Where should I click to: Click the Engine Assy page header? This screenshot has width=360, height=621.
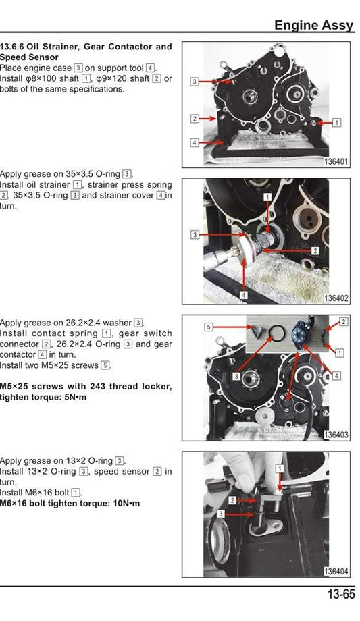[x=313, y=25]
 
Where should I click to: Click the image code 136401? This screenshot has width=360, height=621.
[x=336, y=161]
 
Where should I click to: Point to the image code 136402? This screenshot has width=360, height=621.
[x=336, y=298]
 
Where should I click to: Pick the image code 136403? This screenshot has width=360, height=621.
[x=336, y=435]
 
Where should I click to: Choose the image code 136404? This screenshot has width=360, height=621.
[x=336, y=572]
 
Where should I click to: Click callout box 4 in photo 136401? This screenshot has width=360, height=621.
[x=194, y=143]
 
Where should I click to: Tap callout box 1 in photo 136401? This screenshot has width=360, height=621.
[x=337, y=123]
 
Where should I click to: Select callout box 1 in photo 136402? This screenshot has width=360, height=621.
[x=267, y=196]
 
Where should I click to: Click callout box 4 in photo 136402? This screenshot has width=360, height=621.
[x=243, y=295]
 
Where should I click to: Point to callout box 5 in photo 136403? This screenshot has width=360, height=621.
[x=209, y=327]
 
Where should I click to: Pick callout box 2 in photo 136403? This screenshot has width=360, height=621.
[x=343, y=321]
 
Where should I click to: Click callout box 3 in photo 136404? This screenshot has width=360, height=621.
[x=220, y=514]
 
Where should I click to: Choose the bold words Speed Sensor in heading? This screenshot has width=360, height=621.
[x=32, y=57]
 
